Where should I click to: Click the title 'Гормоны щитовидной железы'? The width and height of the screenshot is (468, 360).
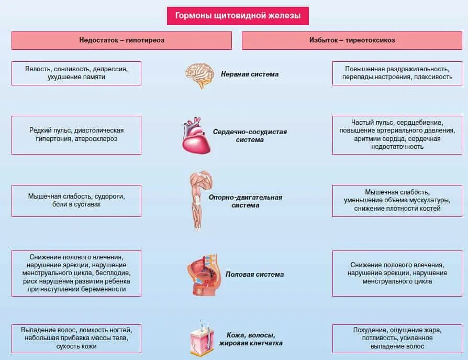(x=237, y=16)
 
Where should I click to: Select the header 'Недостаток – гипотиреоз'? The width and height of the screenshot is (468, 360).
(x=121, y=40)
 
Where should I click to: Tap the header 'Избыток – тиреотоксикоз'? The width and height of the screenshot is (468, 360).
(x=352, y=40)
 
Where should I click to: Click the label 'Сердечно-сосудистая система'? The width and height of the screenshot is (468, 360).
(x=250, y=136)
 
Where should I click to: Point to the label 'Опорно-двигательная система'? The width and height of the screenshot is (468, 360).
(x=245, y=201)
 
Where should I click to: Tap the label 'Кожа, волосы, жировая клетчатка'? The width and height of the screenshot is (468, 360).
(x=254, y=339)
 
